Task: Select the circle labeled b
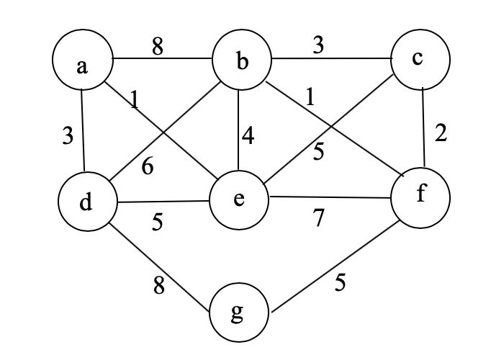click(x=241, y=63)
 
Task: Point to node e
click(x=239, y=198)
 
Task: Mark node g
click(x=239, y=313)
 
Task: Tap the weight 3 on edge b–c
click(x=317, y=44)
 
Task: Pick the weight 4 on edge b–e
click(x=248, y=135)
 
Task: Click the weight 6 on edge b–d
click(x=148, y=166)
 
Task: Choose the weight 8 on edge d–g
click(x=160, y=286)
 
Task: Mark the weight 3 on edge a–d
click(x=67, y=137)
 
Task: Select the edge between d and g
click(x=159, y=266)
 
